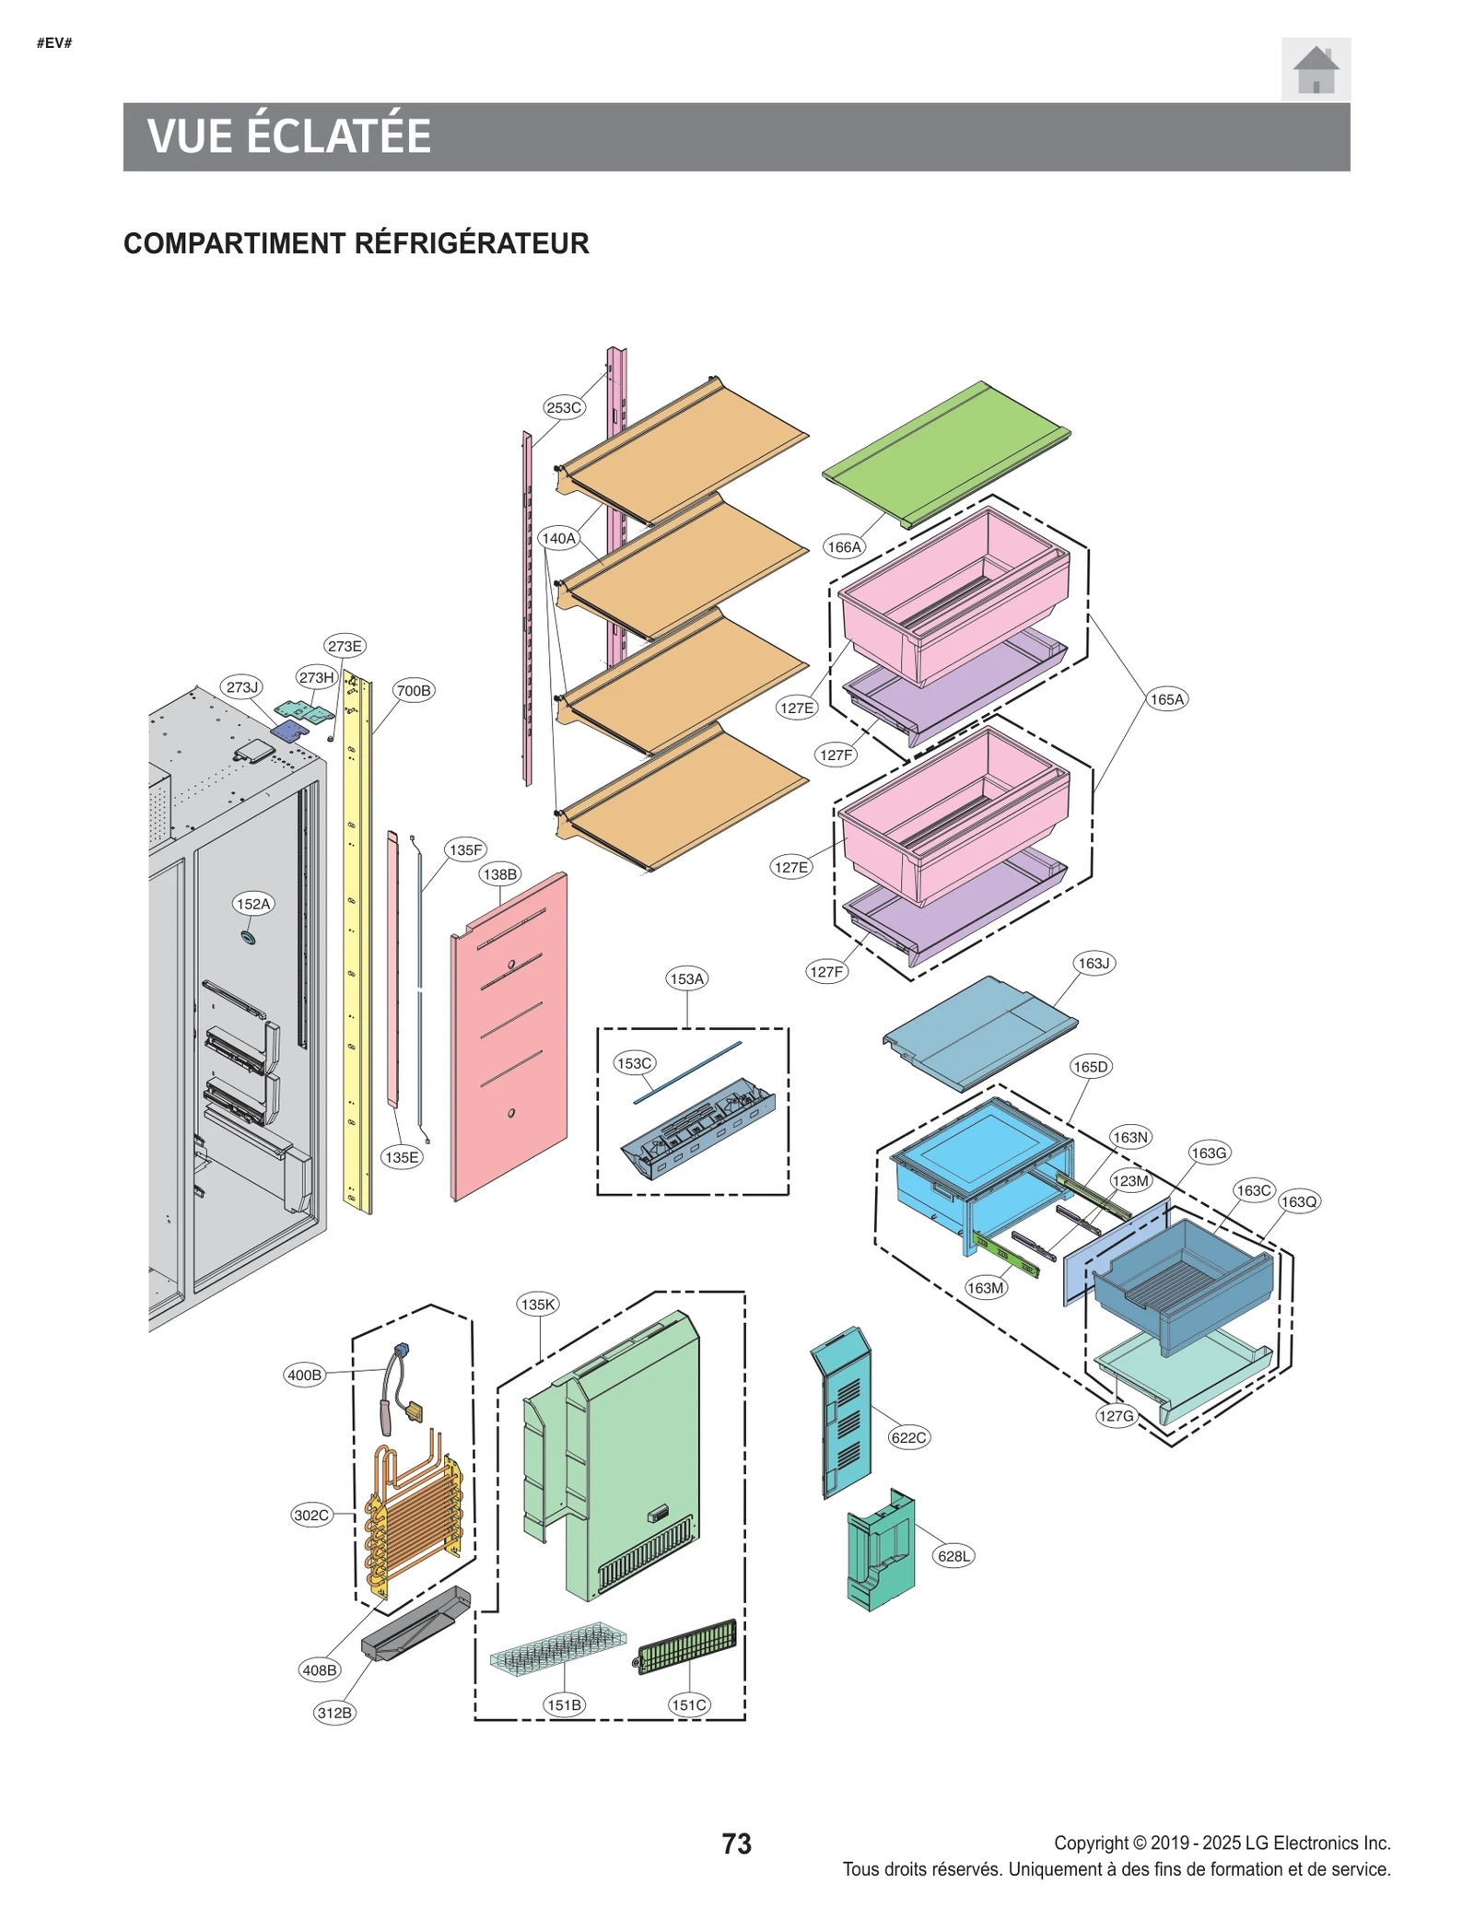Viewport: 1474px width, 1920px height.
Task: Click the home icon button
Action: [x=1315, y=69]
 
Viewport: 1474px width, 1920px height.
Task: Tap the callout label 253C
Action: [x=563, y=407]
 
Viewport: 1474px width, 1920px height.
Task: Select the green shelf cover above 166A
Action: [x=946, y=453]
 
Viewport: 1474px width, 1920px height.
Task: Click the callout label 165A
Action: [x=1165, y=699]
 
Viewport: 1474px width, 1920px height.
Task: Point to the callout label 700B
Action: [x=413, y=690]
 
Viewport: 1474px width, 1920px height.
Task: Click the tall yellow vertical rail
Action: [x=357, y=949]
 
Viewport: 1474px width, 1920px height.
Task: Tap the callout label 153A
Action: [x=686, y=978]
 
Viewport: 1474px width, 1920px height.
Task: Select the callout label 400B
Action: [x=304, y=1375]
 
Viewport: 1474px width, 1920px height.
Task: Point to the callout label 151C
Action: [x=688, y=1704]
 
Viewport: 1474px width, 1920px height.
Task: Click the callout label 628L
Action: [x=953, y=1556]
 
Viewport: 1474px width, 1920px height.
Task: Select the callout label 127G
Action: [x=1116, y=1416]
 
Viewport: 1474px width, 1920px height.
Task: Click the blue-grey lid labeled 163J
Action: [x=978, y=1032]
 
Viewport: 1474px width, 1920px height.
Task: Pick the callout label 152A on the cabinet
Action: [x=252, y=904]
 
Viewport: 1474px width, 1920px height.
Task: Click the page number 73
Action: [x=736, y=1844]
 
